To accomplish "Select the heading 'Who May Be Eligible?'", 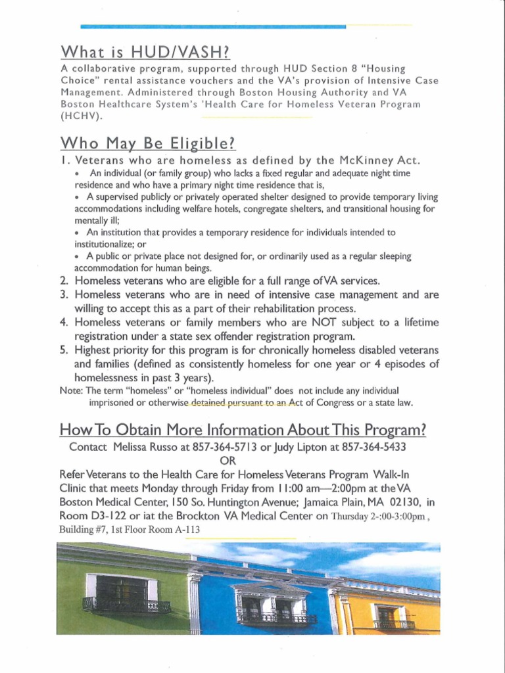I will point(147,143).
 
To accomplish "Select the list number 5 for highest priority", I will point(64,350).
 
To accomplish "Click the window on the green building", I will point(122,590).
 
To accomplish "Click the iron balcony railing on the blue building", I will point(276,618).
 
